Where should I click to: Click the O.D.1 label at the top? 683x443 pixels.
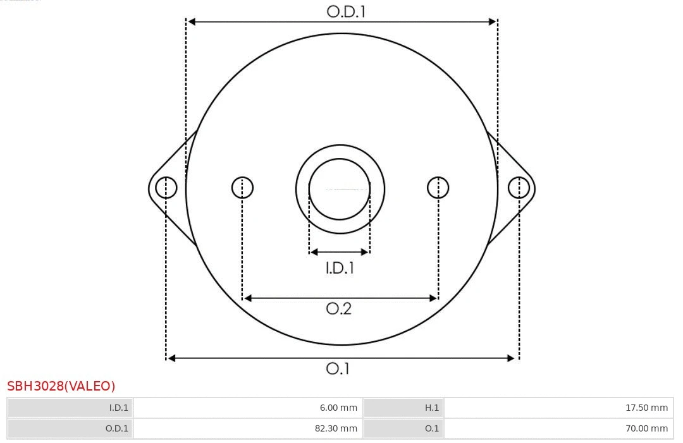pyautogui.click(x=346, y=11)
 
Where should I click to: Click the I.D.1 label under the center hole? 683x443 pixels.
pyautogui.click(x=340, y=268)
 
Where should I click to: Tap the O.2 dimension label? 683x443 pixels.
pyautogui.click(x=338, y=308)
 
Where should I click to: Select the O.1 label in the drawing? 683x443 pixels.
pyautogui.click(x=338, y=368)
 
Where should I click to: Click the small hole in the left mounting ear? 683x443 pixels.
pyautogui.click(x=166, y=188)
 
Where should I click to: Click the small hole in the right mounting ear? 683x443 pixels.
pyautogui.click(x=519, y=188)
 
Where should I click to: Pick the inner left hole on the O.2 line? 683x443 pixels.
pyautogui.click(x=242, y=188)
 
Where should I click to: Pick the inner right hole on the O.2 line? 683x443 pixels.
pyautogui.click(x=438, y=188)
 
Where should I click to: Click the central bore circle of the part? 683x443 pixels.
pyautogui.click(x=340, y=189)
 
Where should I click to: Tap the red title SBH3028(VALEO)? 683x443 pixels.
pyautogui.click(x=61, y=386)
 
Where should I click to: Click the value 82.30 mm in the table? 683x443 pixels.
pyautogui.click(x=336, y=428)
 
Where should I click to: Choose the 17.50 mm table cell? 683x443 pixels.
pyautogui.click(x=646, y=408)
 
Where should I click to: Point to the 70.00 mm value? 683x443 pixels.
pyautogui.click(x=646, y=428)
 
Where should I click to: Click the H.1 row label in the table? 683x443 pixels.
pyautogui.click(x=431, y=408)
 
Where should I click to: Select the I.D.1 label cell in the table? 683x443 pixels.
pyautogui.click(x=118, y=408)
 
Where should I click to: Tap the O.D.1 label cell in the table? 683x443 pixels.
pyautogui.click(x=116, y=428)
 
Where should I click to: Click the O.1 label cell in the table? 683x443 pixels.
pyautogui.click(x=431, y=428)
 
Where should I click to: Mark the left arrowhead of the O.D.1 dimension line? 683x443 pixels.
pyautogui.click(x=192, y=21)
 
